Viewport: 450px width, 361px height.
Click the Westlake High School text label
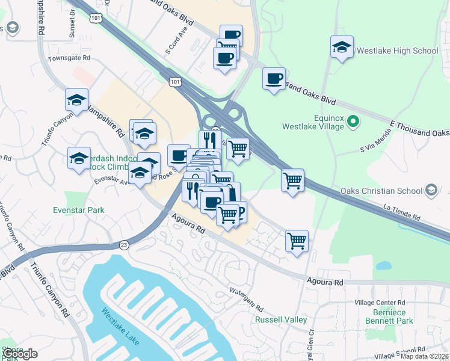click(398, 51)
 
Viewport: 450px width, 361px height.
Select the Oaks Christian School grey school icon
click(430, 191)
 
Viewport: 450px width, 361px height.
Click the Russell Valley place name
click(281, 319)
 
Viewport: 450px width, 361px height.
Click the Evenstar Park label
click(78, 210)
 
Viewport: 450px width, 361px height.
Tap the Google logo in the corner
click(20, 353)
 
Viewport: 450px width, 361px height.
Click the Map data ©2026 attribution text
click(424, 356)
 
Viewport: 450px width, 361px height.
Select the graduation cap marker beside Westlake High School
click(342, 48)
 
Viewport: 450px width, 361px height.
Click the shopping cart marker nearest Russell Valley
click(297, 242)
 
